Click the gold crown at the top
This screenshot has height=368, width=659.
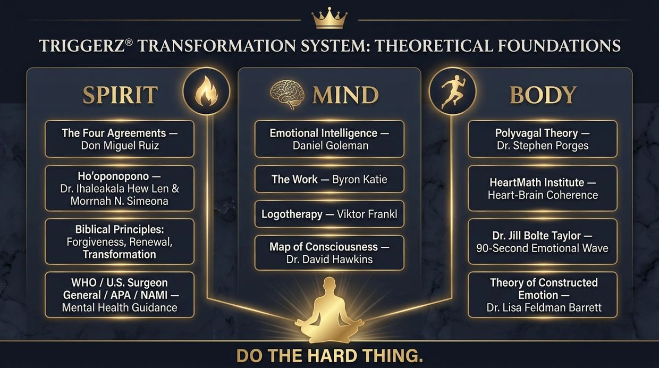(x=329, y=18)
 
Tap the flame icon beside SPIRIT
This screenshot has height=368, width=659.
(x=206, y=91)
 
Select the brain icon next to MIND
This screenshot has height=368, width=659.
(x=287, y=94)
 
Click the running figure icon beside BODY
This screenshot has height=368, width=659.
(x=452, y=91)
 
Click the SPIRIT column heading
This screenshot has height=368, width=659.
(x=120, y=95)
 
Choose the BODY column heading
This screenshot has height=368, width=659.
(x=543, y=95)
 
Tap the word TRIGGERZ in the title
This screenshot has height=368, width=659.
(x=82, y=46)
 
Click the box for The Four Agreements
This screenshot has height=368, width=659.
(x=120, y=139)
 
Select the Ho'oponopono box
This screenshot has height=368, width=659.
(x=120, y=188)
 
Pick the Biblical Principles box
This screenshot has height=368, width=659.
(x=120, y=241)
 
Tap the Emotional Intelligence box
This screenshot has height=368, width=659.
(x=329, y=139)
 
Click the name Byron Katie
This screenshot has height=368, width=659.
(x=359, y=179)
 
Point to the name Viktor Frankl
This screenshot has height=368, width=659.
(x=367, y=214)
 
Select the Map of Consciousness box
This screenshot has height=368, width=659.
(x=329, y=253)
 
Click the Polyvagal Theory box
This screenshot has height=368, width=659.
(x=543, y=139)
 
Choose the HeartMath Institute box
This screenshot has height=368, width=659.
(x=543, y=188)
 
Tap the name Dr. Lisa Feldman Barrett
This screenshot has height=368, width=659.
(x=544, y=308)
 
